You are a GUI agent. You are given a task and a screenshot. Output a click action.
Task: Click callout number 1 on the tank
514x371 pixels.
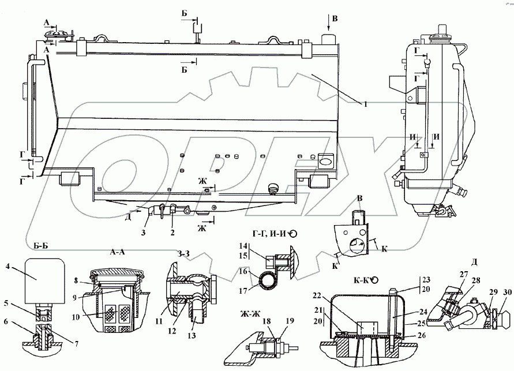tap(365, 104)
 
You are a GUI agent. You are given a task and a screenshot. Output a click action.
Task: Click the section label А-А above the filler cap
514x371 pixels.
tap(118, 253)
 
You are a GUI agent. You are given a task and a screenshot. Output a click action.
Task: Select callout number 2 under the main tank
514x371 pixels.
tap(172, 234)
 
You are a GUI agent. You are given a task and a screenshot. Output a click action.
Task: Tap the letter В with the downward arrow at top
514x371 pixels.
tap(334, 19)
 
